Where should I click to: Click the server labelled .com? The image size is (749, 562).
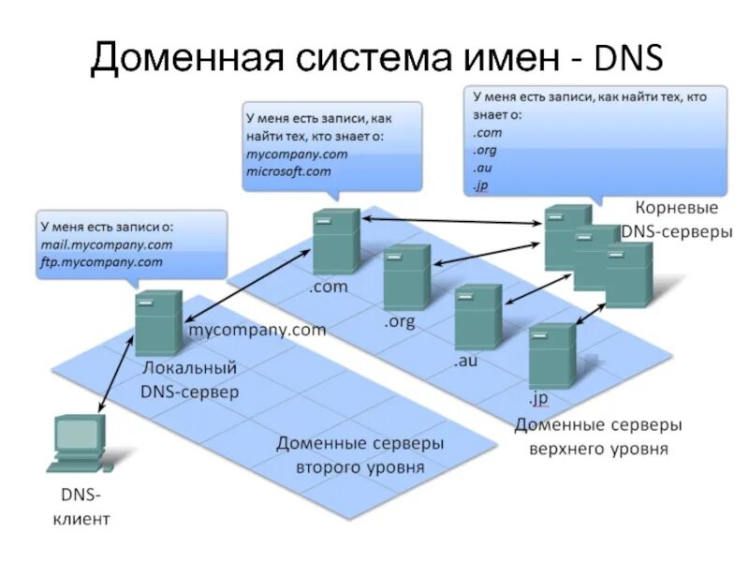tap(335, 241)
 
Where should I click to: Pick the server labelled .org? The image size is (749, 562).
tap(406, 277)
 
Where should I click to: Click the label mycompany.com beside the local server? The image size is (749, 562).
tap(257, 330)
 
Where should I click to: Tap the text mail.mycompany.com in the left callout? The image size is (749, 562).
tap(106, 244)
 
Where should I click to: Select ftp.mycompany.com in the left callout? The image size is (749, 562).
tap(101, 262)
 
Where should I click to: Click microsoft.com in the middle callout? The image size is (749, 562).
tap(288, 171)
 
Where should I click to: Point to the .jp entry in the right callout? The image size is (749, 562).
tap(481, 184)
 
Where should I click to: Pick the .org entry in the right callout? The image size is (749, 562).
tap(484, 150)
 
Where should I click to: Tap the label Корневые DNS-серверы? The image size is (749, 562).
tap(676, 219)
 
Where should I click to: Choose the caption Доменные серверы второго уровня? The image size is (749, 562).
tap(360, 453)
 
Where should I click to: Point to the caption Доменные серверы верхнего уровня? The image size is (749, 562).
tap(598, 436)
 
